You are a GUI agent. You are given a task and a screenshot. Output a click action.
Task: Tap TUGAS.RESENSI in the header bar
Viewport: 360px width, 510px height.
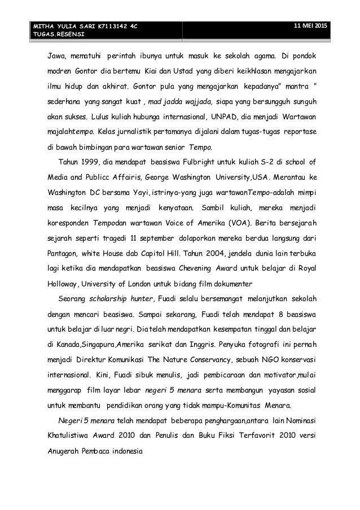click(x=57, y=34)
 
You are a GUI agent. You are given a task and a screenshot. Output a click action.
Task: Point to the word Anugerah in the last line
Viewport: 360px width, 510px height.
click(x=65, y=452)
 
